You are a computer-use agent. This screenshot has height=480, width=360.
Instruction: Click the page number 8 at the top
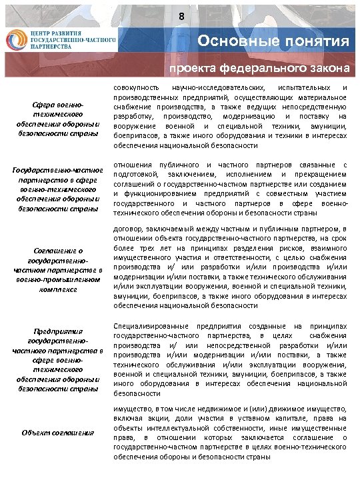pos(180,17)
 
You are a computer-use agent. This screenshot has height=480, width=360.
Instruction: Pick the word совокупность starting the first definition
pos(136,88)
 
